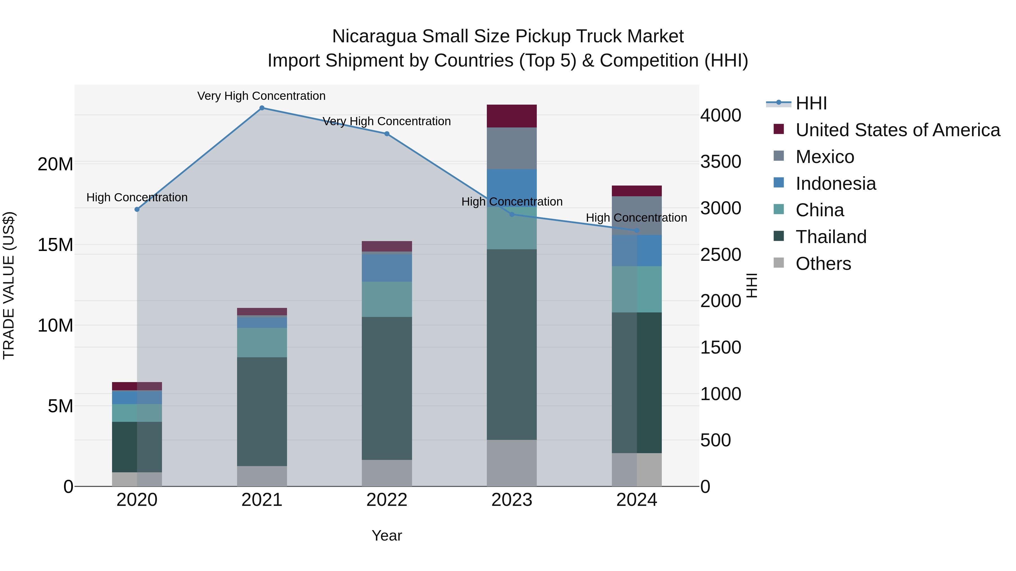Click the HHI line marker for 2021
[x=262, y=108]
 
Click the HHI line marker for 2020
[x=137, y=209]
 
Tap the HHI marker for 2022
[x=387, y=134]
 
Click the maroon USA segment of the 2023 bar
[x=512, y=116]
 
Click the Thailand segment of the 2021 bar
[x=262, y=411]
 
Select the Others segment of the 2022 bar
[x=387, y=473]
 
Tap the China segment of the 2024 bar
[x=637, y=289]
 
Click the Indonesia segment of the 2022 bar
[x=387, y=268]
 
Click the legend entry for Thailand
[x=831, y=237]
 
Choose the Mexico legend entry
[x=824, y=157]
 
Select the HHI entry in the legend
[x=811, y=103]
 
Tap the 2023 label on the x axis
[x=512, y=500]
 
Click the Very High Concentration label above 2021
[x=262, y=96]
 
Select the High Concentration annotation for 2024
[x=636, y=217]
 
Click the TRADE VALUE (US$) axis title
[x=9, y=285]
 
